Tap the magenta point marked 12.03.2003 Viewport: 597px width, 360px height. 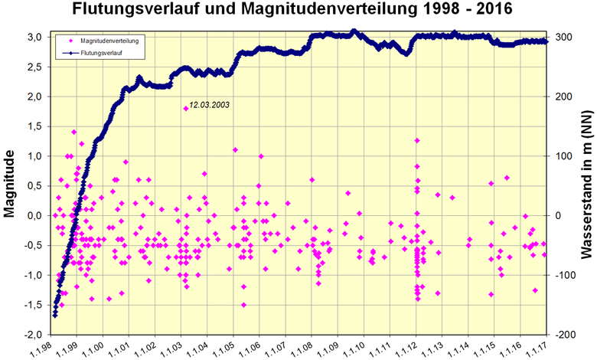[x=186, y=109]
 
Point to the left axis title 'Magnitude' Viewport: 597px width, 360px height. [x=11, y=185]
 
